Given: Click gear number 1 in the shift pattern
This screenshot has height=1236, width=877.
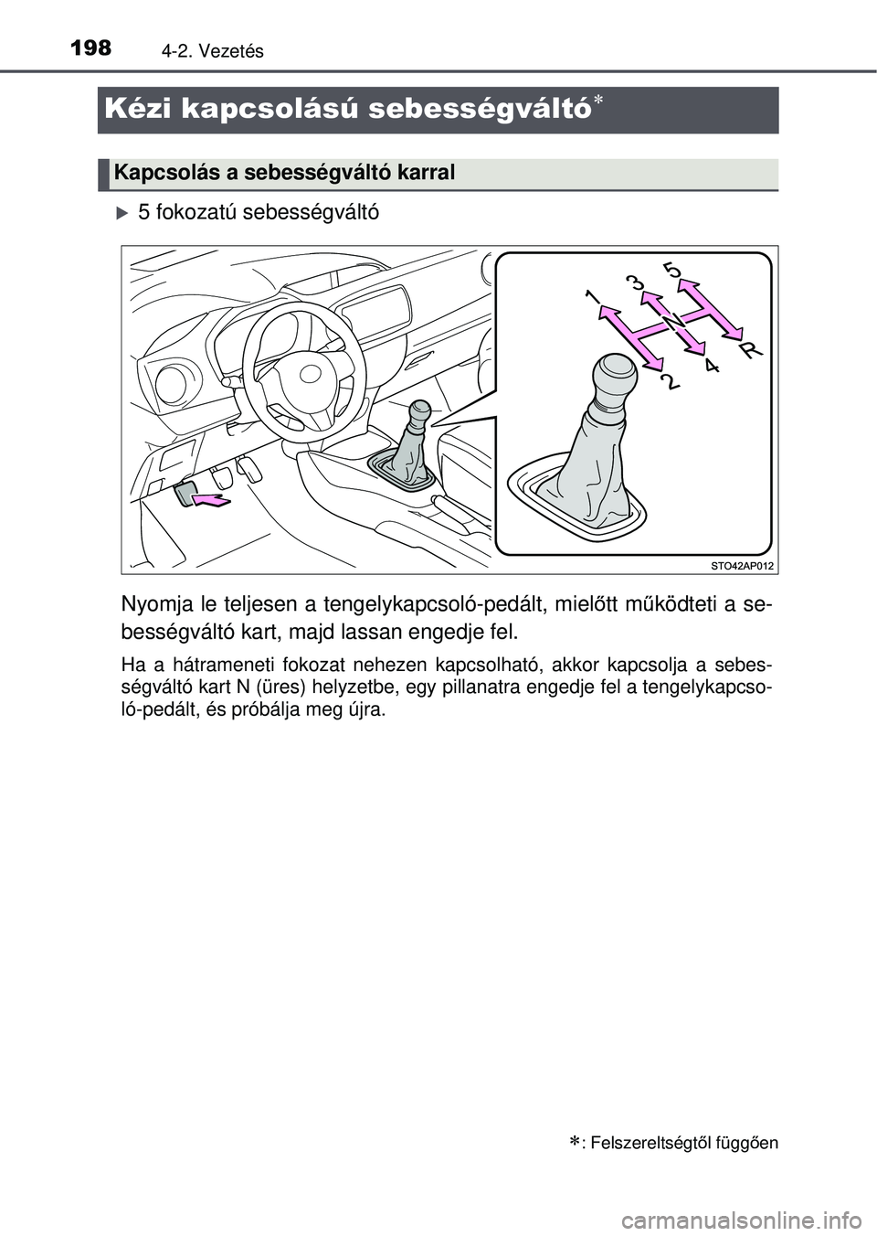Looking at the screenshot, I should [594, 297].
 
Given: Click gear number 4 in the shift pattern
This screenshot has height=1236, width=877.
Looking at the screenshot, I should [712, 366].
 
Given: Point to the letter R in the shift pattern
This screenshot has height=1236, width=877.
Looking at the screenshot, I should [750, 348].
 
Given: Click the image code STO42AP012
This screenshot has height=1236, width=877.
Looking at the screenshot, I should [742, 567].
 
